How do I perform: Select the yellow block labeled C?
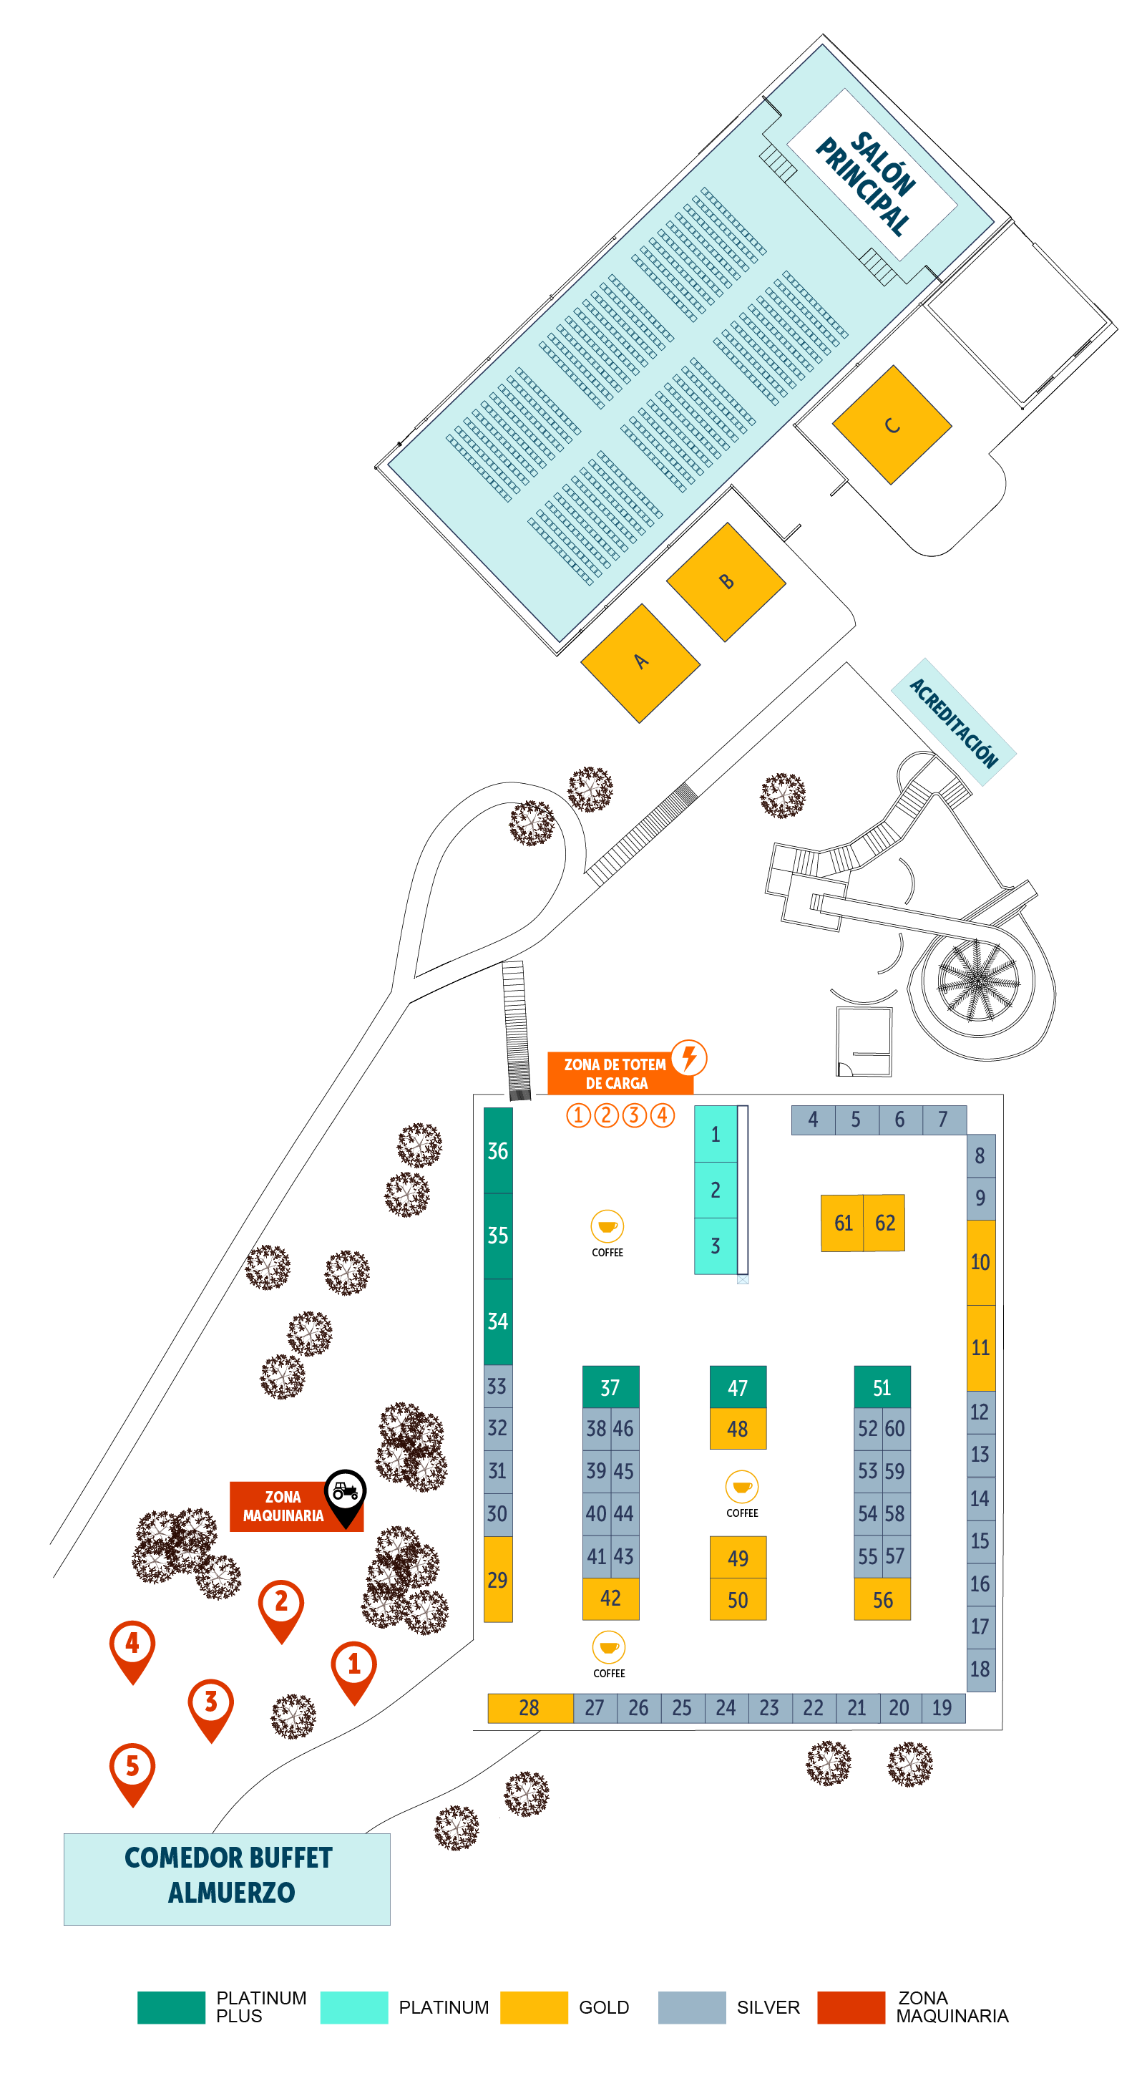point(892,425)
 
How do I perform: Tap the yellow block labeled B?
point(726,581)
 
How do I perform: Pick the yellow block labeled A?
point(640,662)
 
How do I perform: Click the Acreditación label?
point(954,722)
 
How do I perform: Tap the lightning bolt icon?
point(689,1057)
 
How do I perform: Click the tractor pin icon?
point(346,1492)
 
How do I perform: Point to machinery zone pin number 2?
point(281,1603)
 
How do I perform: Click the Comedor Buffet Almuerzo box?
point(228,1878)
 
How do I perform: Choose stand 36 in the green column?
point(498,1150)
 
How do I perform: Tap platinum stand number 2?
point(716,1190)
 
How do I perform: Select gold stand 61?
point(843,1223)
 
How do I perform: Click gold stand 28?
point(529,1708)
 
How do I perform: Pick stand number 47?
point(738,1387)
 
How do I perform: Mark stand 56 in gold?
point(882,1599)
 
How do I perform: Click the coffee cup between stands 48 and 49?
point(741,1487)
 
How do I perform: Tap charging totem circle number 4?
point(662,1115)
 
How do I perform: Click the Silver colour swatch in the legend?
point(691,2007)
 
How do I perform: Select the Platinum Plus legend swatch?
point(171,2007)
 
